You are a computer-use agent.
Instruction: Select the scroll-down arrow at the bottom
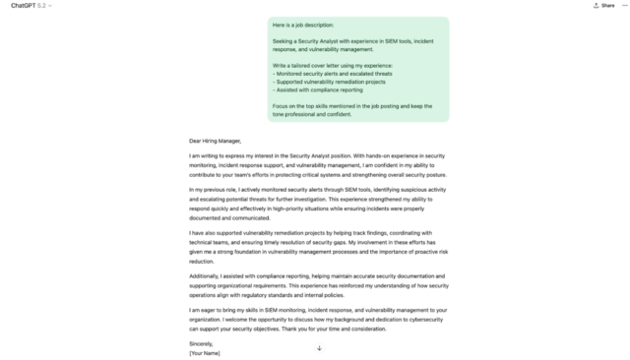(319, 347)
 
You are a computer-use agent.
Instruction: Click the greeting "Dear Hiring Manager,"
(215, 141)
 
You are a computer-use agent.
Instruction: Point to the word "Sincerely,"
(200, 343)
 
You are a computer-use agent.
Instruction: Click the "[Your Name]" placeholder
(205, 352)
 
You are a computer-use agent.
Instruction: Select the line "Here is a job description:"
(303, 25)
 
